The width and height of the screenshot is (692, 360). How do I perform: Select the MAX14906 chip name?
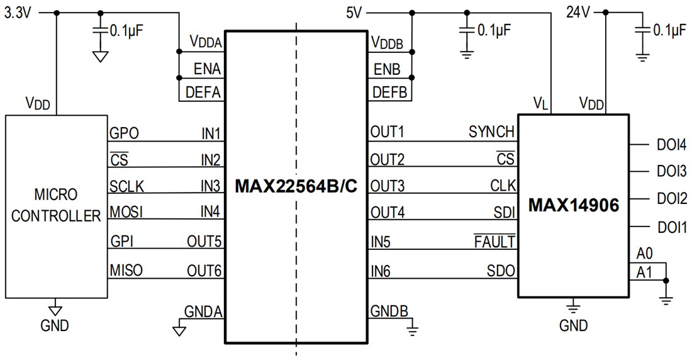[x=573, y=205]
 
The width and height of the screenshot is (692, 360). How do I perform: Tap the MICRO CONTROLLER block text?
[x=56, y=205]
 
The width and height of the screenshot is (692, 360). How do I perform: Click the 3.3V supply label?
[x=18, y=13]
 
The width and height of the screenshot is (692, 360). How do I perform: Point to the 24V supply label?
[x=579, y=12]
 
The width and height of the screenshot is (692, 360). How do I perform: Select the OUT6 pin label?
[x=204, y=271]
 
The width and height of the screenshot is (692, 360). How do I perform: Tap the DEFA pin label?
[x=203, y=93]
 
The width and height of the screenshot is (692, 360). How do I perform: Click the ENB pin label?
[x=385, y=68]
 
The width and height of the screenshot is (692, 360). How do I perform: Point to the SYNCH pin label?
[x=491, y=133]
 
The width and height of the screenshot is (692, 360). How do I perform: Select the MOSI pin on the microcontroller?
[x=126, y=211]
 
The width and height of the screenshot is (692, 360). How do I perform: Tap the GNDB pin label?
[x=389, y=311]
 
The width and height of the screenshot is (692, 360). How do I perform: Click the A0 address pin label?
[x=644, y=254]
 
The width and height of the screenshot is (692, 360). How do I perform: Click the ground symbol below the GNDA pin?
[x=179, y=329]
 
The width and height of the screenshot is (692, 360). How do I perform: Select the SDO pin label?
[x=501, y=271]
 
